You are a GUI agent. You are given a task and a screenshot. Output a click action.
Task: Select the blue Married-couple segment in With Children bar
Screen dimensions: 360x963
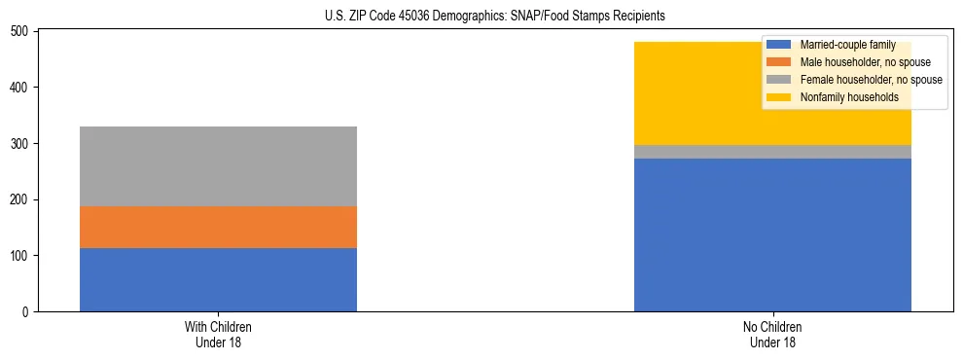[x=218, y=279]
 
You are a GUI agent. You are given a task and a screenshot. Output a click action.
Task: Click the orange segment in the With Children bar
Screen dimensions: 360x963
[x=218, y=227]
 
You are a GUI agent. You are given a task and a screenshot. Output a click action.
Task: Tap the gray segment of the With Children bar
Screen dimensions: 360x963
[x=218, y=166]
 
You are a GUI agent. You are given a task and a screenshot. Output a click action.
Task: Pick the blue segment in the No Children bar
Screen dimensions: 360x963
[x=772, y=234]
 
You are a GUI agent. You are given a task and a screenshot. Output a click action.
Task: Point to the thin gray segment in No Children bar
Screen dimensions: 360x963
[x=772, y=152]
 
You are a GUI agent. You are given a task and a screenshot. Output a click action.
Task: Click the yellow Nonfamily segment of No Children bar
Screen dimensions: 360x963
[x=681, y=93]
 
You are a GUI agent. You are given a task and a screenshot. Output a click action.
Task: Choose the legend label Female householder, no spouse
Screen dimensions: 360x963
[x=871, y=80]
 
